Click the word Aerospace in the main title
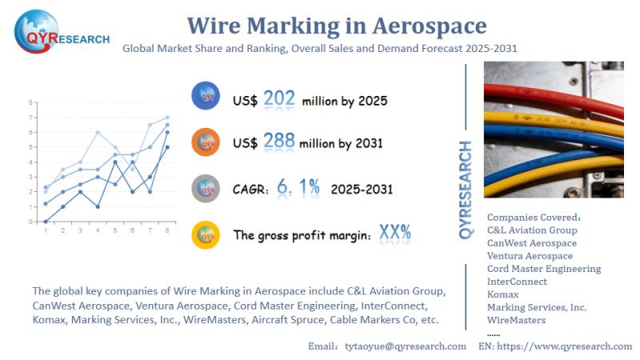pos(428,26)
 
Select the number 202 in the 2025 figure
pos(280,99)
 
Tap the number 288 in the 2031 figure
pos(279,142)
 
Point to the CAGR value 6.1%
pos(298,187)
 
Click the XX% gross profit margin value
pos(394,233)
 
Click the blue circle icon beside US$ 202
pos(206,97)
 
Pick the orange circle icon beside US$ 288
pos(206,142)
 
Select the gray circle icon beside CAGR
pos(206,188)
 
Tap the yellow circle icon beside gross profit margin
pos(206,234)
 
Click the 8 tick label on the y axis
pos(30,103)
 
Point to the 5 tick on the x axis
pos(115,230)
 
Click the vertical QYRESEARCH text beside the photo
pos(466,190)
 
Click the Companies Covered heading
pos(534,217)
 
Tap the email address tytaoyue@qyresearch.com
pos(405,346)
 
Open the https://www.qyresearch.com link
pos(566,346)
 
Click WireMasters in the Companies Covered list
pos(516,320)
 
